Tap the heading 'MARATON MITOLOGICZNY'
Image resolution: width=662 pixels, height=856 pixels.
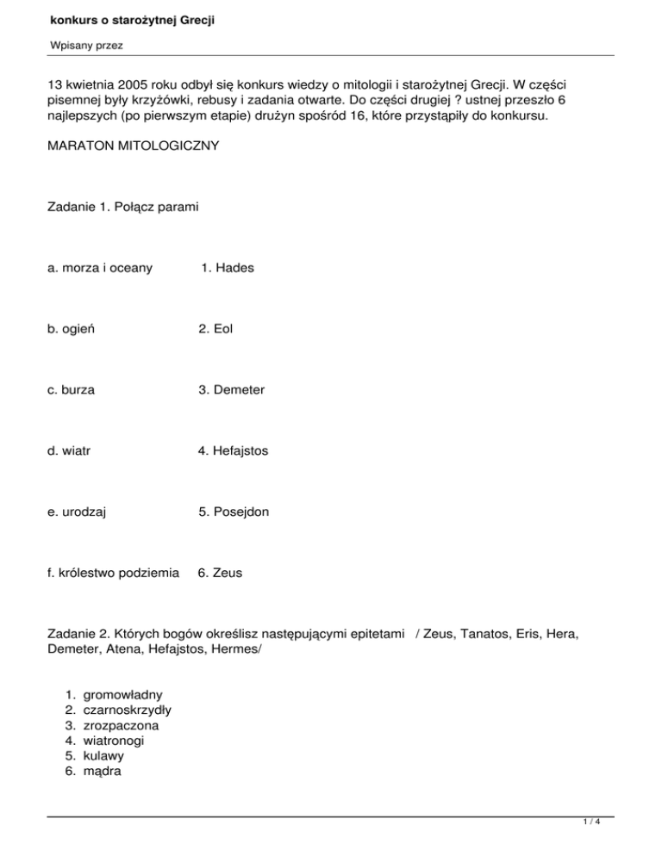coord(134,146)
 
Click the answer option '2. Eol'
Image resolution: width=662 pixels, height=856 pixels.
coord(215,329)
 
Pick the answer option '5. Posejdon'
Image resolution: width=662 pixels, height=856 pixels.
coord(233,512)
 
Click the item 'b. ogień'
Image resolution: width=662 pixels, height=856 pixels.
coord(72,329)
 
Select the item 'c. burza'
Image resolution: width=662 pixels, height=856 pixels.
coord(72,390)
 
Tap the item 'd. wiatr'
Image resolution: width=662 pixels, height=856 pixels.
coord(70,450)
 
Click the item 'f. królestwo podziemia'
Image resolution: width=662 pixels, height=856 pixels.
coord(114,572)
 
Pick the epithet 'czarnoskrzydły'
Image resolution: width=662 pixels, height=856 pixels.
coord(132,710)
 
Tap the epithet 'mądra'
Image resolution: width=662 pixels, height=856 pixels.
coord(103,772)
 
